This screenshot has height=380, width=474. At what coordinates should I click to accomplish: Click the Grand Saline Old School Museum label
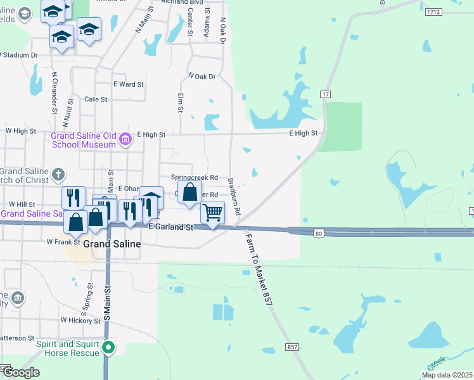coord(83,139)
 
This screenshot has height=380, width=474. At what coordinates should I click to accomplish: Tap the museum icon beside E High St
coord(125,139)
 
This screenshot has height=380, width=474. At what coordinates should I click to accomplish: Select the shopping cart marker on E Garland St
coord(212,213)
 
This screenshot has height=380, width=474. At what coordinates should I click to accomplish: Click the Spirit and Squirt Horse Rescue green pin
coord(108,347)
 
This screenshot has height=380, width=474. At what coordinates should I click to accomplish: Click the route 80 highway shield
coord(318,234)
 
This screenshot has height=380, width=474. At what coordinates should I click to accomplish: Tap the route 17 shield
coord(325,94)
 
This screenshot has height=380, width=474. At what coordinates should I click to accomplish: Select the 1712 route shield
coord(433,12)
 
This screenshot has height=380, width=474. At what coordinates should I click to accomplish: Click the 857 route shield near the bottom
coord(292,346)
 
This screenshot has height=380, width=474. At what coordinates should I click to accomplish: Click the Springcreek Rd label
coord(195,177)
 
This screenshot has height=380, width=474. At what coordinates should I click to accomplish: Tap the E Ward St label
coord(129,84)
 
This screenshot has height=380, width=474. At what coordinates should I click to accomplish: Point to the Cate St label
coord(96,99)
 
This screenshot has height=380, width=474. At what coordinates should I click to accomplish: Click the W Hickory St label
coord(80,320)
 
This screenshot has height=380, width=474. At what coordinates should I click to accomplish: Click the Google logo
coord(20,372)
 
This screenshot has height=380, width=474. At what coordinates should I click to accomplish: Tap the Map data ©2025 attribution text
coord(447,375)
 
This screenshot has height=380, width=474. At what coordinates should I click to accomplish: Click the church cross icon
coord(58,174)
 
